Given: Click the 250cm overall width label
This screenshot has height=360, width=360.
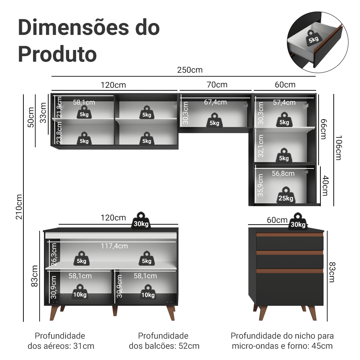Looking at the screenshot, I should [190, 70].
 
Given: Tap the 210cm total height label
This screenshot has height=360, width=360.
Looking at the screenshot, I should [19, 207].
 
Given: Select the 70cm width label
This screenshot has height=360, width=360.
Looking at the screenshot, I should [217, 85].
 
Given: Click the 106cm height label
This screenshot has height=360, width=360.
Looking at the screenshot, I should [338, 148].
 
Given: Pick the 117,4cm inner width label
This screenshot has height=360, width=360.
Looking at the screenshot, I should [114, 246].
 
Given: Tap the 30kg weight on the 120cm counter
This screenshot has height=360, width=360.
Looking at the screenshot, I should [141, 221].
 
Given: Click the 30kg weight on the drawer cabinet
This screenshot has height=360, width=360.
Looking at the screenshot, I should [298, 221].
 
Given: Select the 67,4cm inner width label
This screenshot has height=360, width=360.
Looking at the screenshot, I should [215, 102].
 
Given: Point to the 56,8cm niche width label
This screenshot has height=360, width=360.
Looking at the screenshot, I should [283, 174].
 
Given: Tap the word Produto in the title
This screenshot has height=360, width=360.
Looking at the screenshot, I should [58, 54].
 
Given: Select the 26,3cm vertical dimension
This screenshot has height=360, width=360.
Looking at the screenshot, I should [54, 254].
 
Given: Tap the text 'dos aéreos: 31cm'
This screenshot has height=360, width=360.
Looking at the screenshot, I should [61, 346].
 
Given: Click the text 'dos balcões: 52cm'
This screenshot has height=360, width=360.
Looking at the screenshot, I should [164, 346].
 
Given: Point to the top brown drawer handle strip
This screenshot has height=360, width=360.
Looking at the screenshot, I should [290, 235].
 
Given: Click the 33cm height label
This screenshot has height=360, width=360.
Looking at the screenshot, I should [43, 113].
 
